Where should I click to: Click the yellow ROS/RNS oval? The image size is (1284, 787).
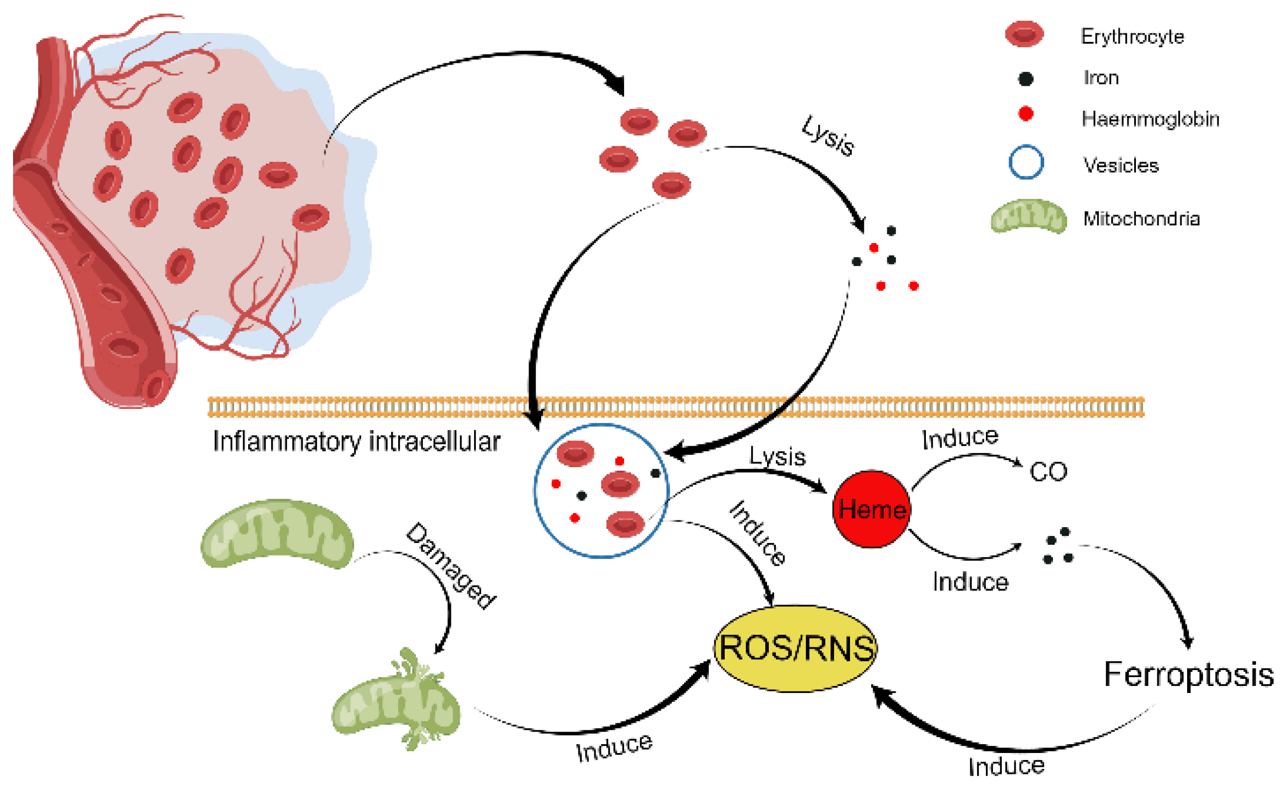[795, 648]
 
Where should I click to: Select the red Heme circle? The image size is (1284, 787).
[872, 509]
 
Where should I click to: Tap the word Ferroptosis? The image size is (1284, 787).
[1189, 675]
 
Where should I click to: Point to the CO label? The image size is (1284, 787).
[1048, 472]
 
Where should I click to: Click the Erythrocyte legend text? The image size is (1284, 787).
[1132, 36]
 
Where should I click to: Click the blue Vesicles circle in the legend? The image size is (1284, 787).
[1026, 162]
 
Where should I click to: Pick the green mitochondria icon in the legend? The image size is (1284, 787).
[1028, 216]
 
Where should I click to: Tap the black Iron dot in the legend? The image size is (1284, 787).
[1026, 79]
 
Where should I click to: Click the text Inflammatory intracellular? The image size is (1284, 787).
[356, 441]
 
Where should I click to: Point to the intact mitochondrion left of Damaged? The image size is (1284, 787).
[277, 533]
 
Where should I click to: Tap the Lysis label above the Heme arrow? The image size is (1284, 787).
[777, 456]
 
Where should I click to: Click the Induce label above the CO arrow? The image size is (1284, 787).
[960, 438]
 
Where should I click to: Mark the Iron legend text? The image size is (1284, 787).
[1101, 78]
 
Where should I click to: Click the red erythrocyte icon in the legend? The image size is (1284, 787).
[1025, 34]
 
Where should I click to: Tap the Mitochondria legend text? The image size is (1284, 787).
[1141, 218]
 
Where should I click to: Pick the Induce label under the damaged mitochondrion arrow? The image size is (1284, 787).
[614, 747]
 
